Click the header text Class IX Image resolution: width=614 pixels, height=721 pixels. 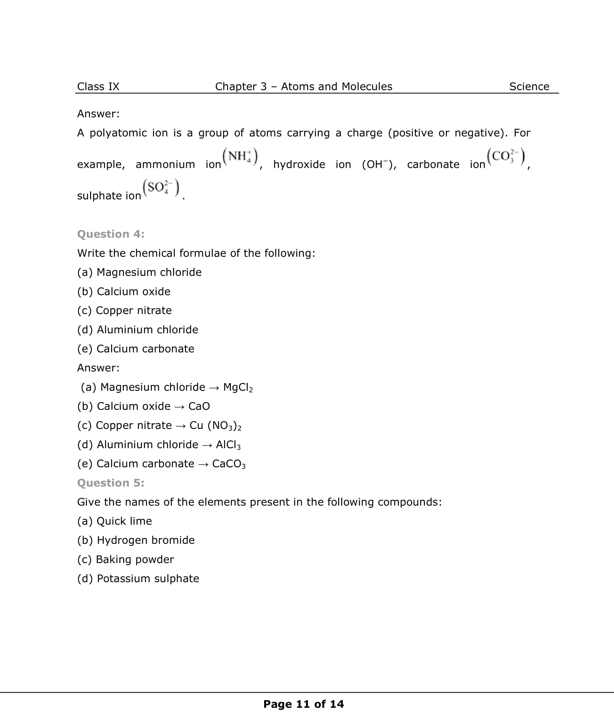pyautogui.click(x=98, y=87)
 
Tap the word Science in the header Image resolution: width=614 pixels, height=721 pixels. pyautogui.click(x=529, y=87)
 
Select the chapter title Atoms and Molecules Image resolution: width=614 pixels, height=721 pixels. pyautogui.click(x=336, y=87)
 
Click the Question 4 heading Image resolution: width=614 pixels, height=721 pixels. pyautogui.click(x=111, y=234)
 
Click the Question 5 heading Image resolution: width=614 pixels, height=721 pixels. pyautogui.click(x=111, y=483)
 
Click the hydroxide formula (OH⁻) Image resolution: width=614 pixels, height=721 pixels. pyautogui.click(x=379, y=164)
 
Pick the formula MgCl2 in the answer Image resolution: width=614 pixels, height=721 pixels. pyautogui.click(x=238, y=387)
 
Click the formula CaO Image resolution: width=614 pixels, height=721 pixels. pyautogui.click(x=199, y=406)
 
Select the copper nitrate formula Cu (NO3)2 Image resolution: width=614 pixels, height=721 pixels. pyautogui.click(x=215, y=425)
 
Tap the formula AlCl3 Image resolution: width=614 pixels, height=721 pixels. pyautogui.click(x=228, y=445)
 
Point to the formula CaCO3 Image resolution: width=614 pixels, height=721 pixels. pyautogui.click(x=229, y=464)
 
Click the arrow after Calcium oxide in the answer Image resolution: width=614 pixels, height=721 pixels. pyautogui.click(x=179, y=407)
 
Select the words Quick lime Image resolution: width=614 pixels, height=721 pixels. pyautogui.click(x=124, y=521)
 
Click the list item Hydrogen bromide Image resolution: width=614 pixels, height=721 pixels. pyautogui.click(x=145, y=540)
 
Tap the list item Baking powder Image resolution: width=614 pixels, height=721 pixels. pyautogui.click(x=135, y=559)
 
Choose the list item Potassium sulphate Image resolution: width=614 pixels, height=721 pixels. pyautogui.click(x=148, y=579)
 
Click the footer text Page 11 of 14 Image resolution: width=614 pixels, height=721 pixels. pyautogui.click(x=303, y=704)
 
